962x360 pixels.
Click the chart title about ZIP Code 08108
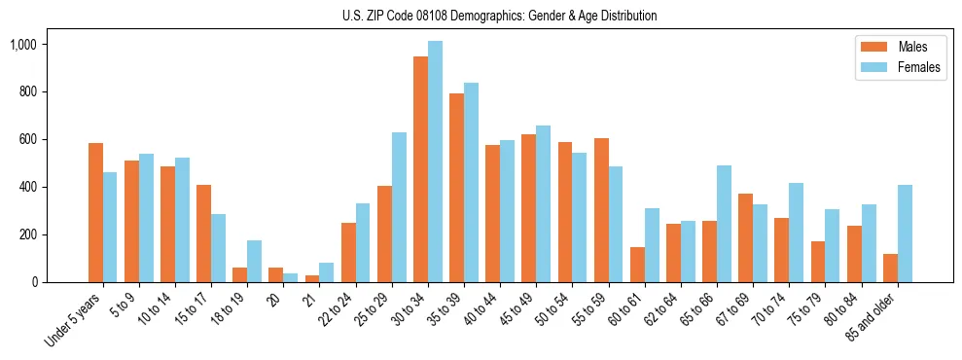499,16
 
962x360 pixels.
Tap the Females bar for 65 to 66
724,224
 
